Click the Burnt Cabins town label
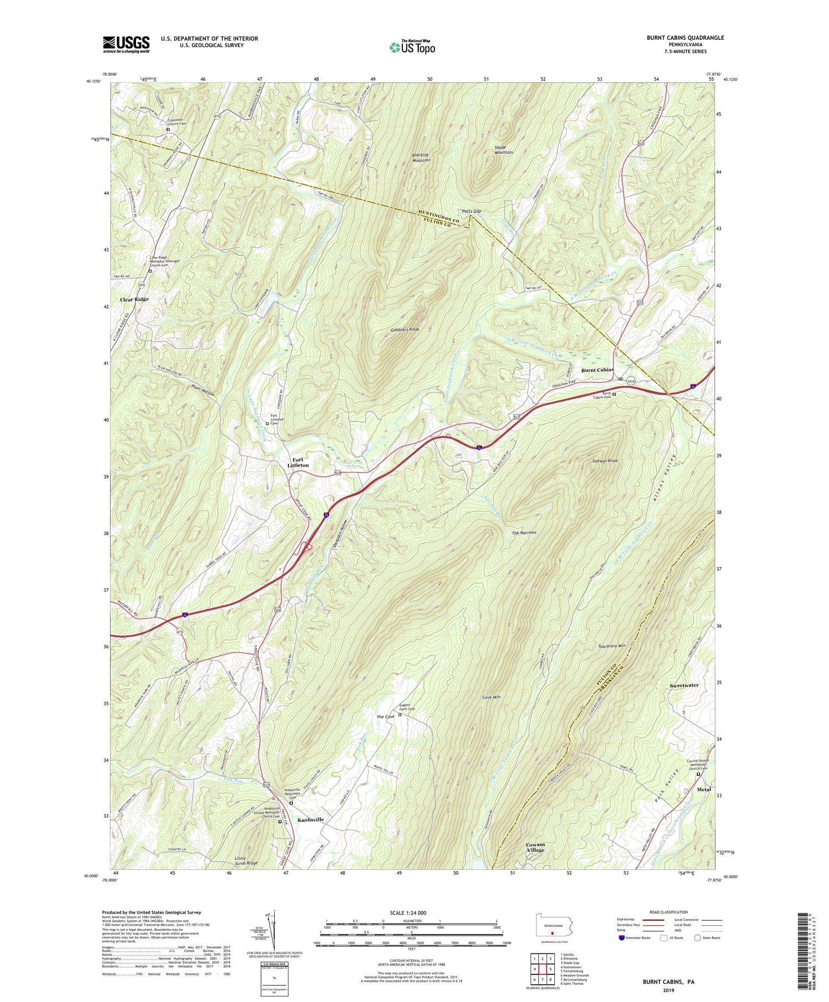[x=597, y=370]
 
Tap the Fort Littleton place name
[x=298, y=462]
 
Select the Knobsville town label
[x=311, y=820]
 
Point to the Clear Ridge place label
[x=134, y=299]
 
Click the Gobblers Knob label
[x=408, y=329]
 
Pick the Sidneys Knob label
[x=604, y=460]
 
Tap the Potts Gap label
[x=471, y=212]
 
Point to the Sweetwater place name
[x=684, y=685]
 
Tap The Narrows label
[x=524, y=533]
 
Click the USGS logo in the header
[x=126, y=44]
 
